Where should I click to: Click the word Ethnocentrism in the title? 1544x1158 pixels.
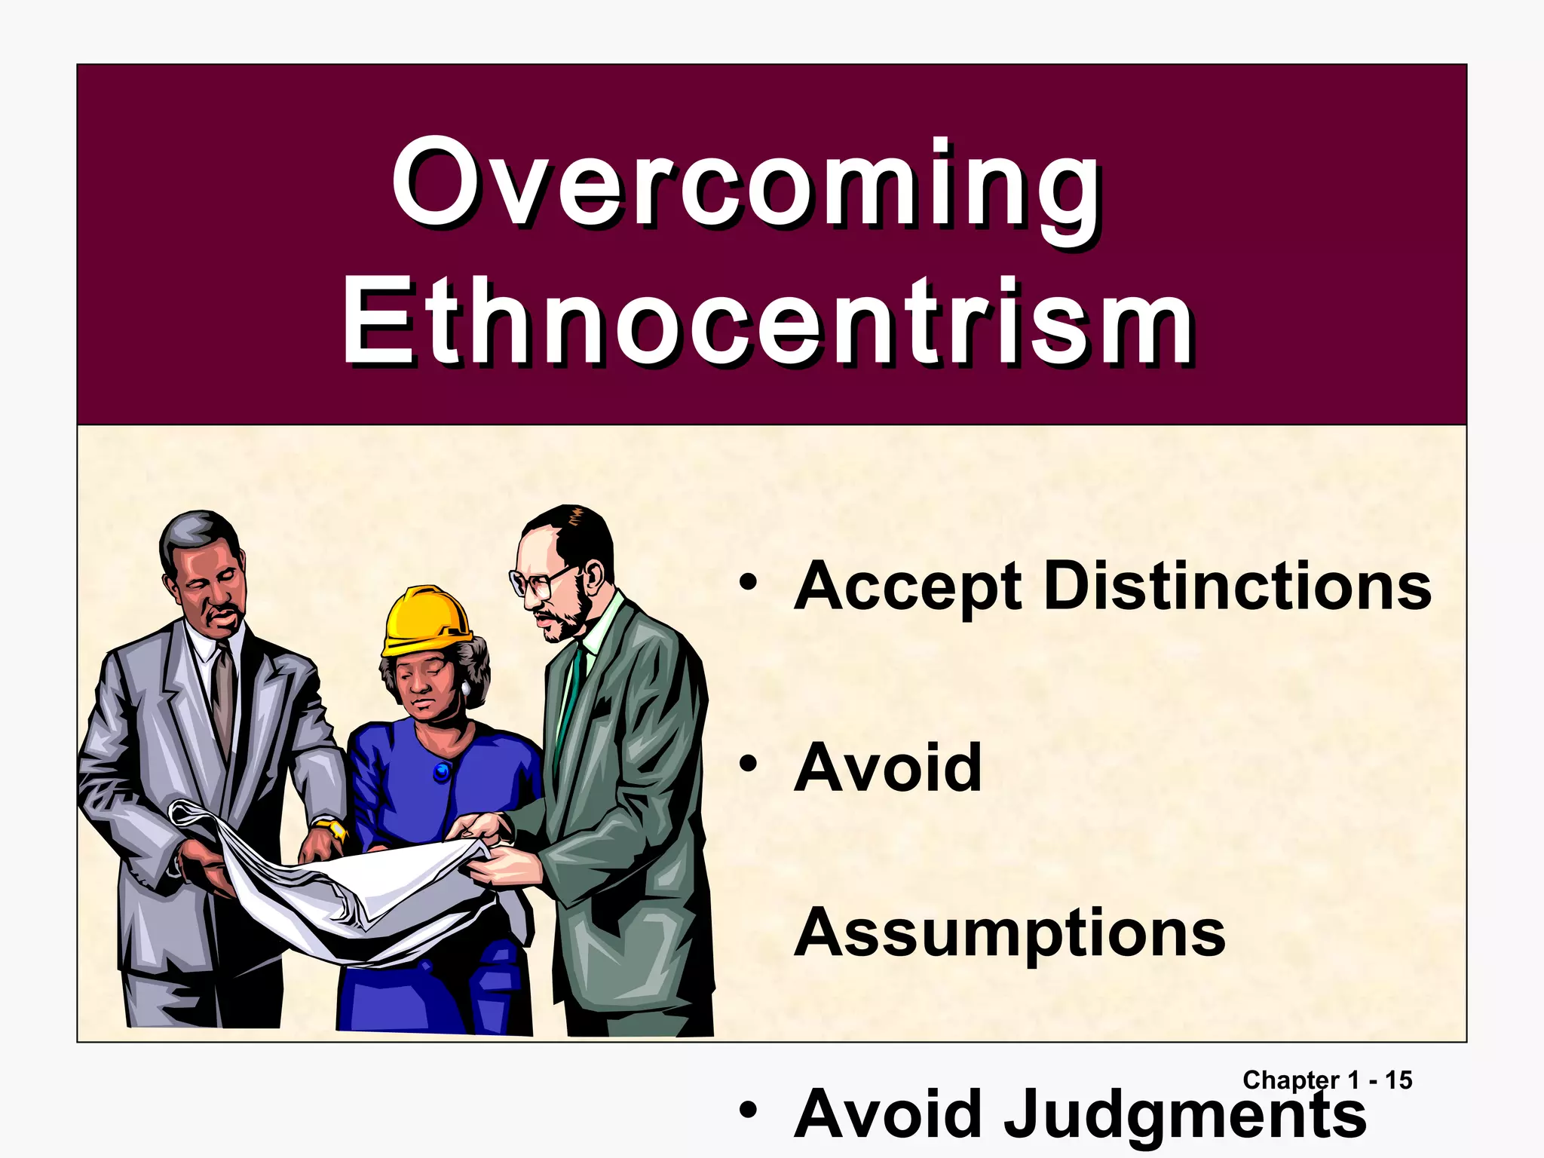[767, 322]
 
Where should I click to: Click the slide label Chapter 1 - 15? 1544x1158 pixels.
[1327, 1080]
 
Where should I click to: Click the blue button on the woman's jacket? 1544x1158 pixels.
[442, 770]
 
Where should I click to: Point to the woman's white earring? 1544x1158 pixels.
[466, 688]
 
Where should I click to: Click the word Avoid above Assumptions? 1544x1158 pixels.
[888, 768]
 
